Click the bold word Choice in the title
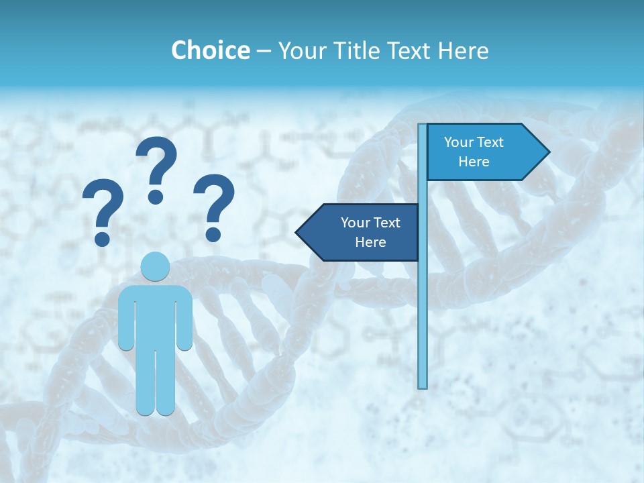tap(210, 50)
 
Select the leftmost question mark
tap(102, 211)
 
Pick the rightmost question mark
tap(214, 205)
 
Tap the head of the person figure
tap(156, 267)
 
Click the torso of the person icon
tap(156, 315)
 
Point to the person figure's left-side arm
tap(125, 319)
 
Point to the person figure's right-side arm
tap(186, 319)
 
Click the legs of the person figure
tap(156, 382)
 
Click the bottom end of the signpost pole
tap(422, 385)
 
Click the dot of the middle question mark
tap(156, 197)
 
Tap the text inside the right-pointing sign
tap(474, 152)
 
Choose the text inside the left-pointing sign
tap(370, 232)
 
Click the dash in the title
tap(264, 50)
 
